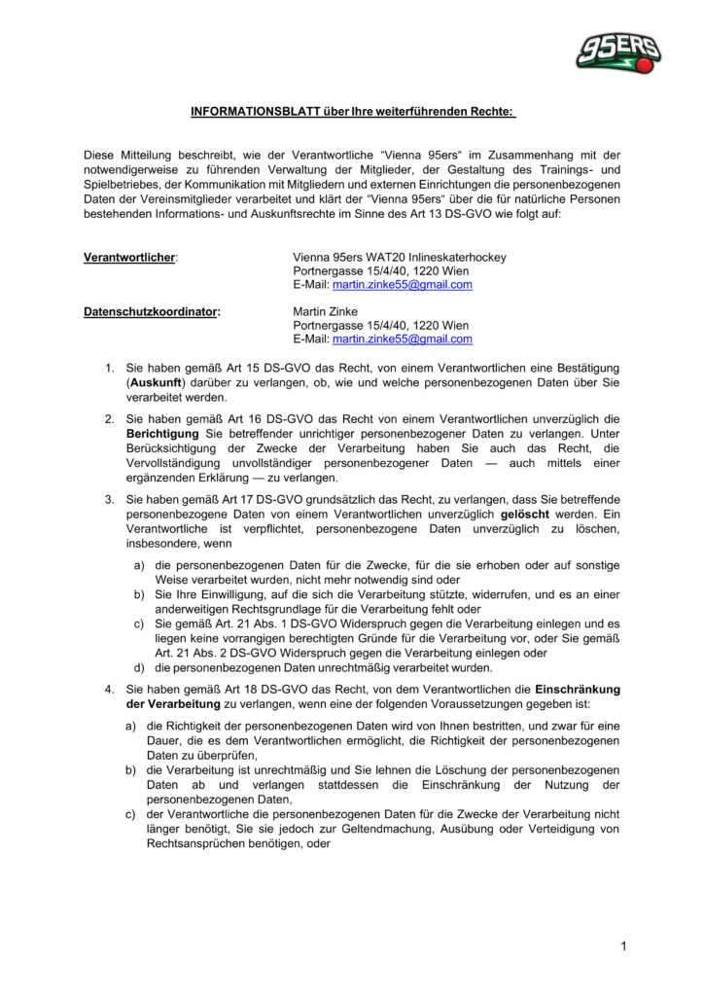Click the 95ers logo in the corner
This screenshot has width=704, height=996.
pyautogui.click(x=617, y=53)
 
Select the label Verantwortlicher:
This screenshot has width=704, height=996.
pyautogui.click(x=131, y=258)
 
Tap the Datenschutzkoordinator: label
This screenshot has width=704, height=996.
pyautogui.click(x=152, y=312)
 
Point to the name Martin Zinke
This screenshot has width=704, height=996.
pyautogui.click(x=326, y=312)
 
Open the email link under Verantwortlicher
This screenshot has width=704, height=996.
pyautogui.click(x=402, y=285)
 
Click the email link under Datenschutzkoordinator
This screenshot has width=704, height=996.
pyautogui.click(x=402, y=339)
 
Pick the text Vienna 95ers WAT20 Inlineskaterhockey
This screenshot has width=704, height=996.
pyautogui.click(x=399, y=258)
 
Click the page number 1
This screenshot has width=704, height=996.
pyautogui.click(x=622, y=945)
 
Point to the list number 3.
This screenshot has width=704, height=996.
pyautogui.click(x=109, y=498)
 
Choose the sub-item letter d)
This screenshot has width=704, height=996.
pyautogui.click(x=139, y=666)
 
